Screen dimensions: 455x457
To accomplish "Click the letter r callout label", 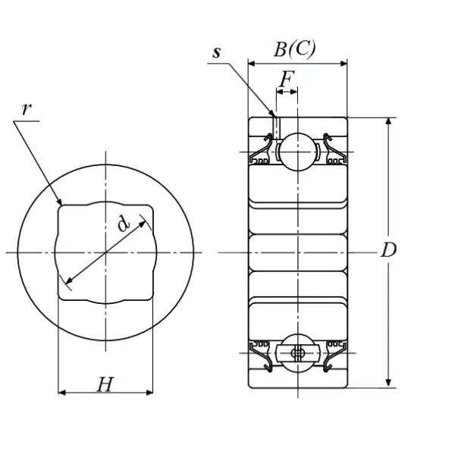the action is tap(27, 109).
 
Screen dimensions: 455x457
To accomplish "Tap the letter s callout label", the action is tap(217, 52).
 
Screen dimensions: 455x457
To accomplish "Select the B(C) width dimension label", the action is tap(294, 49).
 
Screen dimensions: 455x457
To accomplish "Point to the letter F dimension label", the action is tap(287, 79).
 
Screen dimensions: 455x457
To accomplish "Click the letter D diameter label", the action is tap(389, 250).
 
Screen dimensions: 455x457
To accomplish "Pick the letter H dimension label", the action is tap(105, 384).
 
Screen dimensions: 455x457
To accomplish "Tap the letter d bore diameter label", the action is tap(124, 224).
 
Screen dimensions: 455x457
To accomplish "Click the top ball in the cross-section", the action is tap(297, 152).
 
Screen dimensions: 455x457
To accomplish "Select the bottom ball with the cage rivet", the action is tap(297, 353).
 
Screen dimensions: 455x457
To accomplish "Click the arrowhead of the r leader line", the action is tap(60, 202).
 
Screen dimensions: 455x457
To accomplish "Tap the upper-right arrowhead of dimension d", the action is tap(142, 224).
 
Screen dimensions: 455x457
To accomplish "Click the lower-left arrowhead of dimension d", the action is tap(68, 280).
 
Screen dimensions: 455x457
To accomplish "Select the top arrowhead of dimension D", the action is tap(388, 121).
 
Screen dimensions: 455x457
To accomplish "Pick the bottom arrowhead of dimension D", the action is tap(388, 383).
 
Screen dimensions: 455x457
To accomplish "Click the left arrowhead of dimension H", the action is tap(62, 393).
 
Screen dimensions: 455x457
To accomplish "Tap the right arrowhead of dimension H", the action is tap(149, 393).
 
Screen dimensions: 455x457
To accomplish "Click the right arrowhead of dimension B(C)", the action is tap(344, 64).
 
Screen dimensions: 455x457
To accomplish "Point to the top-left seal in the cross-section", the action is tap(261, 149).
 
